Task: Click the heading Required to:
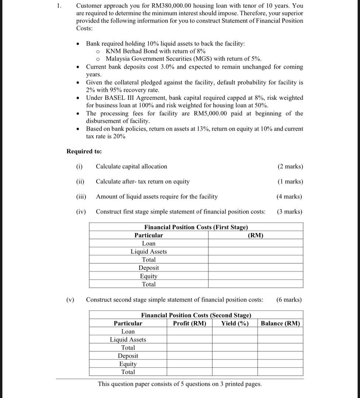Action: (x=84, y=151)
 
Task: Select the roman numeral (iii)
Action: (x=81, y=197)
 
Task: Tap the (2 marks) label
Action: (x=290, y=167)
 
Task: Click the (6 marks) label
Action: (x=289, y=300)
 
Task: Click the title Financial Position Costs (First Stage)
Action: (x=196, y=227)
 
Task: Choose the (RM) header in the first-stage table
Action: (x=255, y=235)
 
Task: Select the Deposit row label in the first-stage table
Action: (x=149, y=268)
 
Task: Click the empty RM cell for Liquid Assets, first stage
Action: (x=255, y=252)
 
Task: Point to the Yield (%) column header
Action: (x=235, y=324)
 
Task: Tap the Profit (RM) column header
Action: (x=190, y=324)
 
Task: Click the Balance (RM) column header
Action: (x=280, y=324)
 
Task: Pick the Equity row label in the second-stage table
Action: (x=128, y=364)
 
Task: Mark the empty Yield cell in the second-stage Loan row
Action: (x=235, y=332)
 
